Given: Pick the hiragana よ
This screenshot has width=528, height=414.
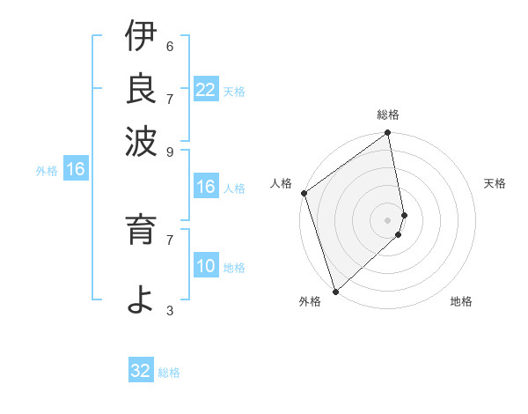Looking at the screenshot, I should (140, 299).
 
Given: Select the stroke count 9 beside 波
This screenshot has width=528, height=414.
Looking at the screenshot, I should (170, 152).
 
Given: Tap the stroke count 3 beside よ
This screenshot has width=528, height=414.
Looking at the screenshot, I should (170, 311).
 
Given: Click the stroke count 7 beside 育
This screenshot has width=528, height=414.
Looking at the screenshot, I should (170, 239).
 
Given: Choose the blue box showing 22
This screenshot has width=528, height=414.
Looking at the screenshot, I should (205, 90).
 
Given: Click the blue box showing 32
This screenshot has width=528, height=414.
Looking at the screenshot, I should (141, 371).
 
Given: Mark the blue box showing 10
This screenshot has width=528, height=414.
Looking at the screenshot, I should (205, 266).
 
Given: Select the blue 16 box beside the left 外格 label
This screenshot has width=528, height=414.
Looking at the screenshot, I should (75, 169).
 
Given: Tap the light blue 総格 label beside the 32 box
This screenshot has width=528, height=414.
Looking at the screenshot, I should (169, 373).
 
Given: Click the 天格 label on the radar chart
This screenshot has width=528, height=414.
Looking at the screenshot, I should (495, 183).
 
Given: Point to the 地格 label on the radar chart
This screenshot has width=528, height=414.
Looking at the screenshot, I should (461, 302).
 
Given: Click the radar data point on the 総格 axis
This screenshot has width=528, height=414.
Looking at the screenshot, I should (387, 134).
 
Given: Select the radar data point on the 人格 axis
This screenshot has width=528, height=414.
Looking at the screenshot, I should (304, 193).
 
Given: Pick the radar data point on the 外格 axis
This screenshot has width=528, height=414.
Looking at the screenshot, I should (335, 291).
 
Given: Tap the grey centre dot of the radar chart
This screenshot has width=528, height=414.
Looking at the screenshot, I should (387, 219).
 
